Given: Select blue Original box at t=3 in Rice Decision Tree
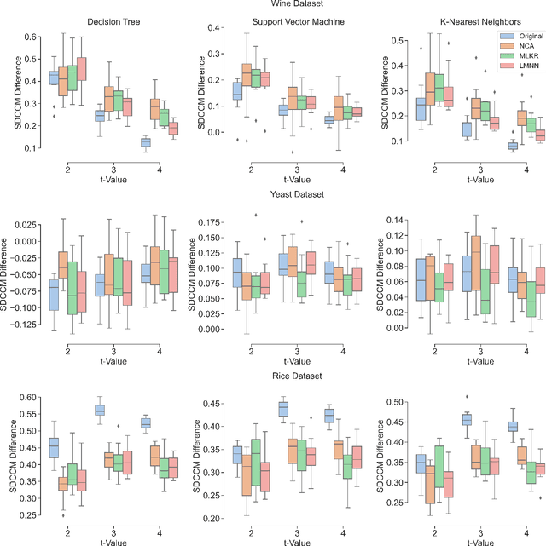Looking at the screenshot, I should coord(99,410).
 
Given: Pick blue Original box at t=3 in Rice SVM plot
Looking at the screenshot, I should coord(283,410).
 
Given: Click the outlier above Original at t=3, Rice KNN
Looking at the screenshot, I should coord(467,396).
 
